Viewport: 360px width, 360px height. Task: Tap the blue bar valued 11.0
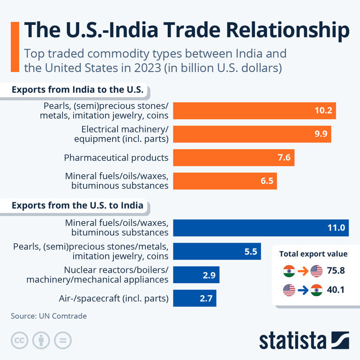tap(261, 228)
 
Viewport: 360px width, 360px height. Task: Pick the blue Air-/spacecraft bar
tap(195, 298)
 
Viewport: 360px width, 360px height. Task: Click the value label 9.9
tap(321, 134)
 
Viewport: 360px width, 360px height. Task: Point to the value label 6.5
tap(267, 181)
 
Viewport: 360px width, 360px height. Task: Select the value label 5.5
tap(251, 252)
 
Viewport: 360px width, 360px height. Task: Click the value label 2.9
tap(209, 275)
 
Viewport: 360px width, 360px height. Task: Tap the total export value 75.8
tap(336, 270)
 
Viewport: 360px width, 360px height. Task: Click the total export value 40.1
tap(336, 290)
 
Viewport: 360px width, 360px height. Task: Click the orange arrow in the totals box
tap(303, 270)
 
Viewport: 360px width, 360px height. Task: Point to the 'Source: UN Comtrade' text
tap(49, 316)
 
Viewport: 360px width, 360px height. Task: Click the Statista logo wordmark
tap(293, 340)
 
